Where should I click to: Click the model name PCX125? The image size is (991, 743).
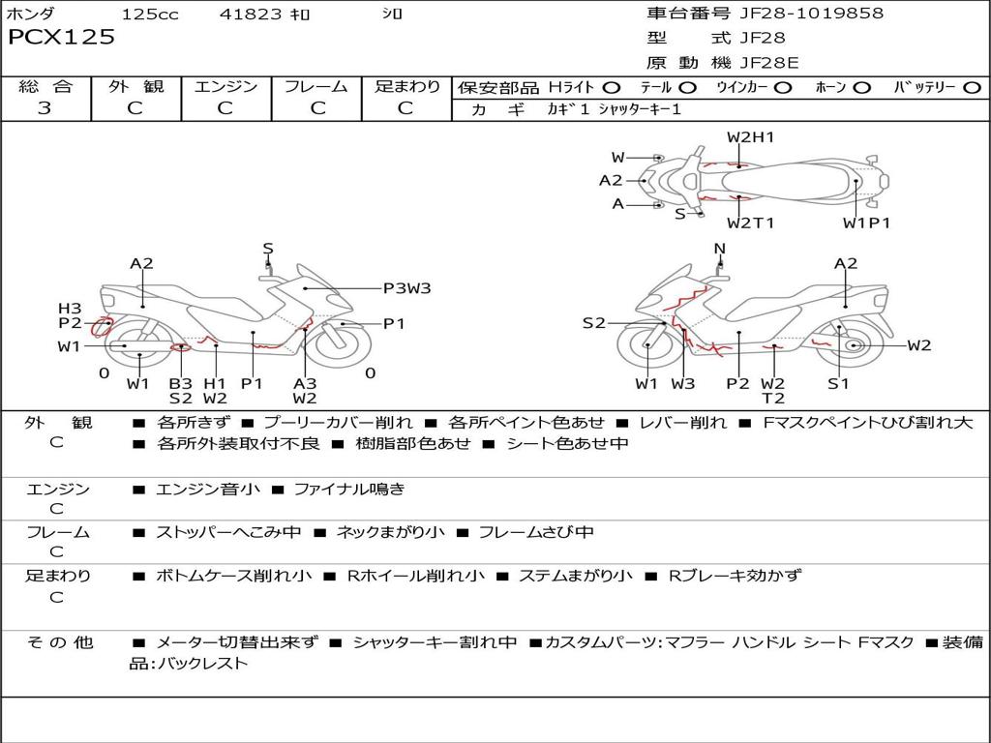[61, 38]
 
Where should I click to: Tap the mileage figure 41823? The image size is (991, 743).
[251, 15]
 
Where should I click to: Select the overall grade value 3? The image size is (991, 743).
[45, 108]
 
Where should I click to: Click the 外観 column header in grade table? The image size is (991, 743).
[135, 86]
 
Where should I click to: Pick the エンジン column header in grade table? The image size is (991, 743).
[225, 86]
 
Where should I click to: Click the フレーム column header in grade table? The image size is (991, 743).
[315, 86]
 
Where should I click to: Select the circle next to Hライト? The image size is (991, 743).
[612, 88]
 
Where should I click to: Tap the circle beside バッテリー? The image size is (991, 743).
[972, 88]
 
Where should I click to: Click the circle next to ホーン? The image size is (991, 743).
[862, 88]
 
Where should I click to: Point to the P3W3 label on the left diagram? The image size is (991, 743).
[406, 287]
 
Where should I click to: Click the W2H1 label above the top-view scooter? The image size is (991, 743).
[750, 137]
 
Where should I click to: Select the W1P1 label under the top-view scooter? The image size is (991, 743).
[866, 223]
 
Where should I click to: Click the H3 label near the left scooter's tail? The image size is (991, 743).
[70, 309]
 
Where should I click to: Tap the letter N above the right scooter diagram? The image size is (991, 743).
[719, 249]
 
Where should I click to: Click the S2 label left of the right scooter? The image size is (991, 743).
[593, 323]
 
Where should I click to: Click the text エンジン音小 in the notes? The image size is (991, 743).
[207, 490]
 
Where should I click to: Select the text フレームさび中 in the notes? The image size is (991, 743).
[536, 532]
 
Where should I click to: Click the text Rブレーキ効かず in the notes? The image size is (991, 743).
[736, 576]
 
